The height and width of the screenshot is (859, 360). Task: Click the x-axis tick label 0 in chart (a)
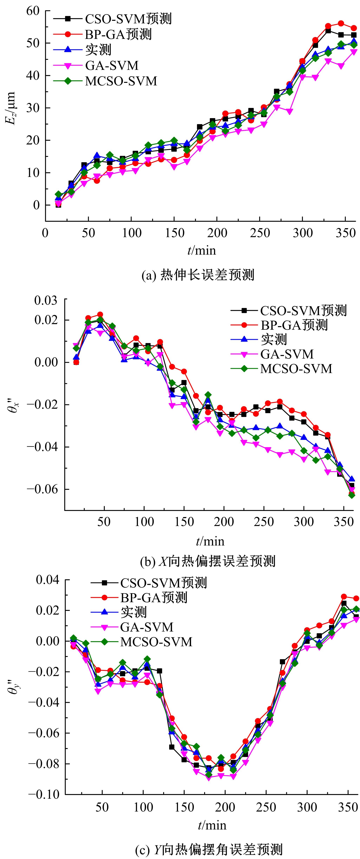(45, 233)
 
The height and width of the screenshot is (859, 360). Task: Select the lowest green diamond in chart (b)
(351, 495)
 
